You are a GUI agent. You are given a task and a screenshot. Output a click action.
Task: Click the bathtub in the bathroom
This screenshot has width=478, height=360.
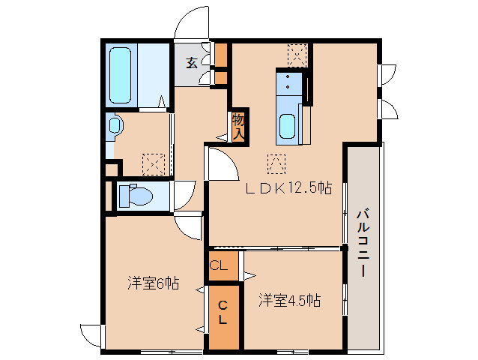click(x=121, y=75)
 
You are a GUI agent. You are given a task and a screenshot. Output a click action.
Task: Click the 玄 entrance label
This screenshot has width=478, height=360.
click(x=192, y=63)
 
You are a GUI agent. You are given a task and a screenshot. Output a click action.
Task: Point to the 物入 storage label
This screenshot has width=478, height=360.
click(x=238, y=125)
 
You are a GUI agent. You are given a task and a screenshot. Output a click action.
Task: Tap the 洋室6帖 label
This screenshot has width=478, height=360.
click(x=152, y=283)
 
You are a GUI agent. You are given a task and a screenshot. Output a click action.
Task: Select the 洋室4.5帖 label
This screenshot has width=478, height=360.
click(x=290, y=301)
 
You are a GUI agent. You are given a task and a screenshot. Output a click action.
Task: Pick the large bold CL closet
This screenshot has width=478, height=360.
click(x=223, y=313)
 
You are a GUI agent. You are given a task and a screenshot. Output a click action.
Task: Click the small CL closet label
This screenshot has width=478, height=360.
click(x=218, y=265)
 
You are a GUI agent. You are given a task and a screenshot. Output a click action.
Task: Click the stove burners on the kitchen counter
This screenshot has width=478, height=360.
click(x=288, y=83)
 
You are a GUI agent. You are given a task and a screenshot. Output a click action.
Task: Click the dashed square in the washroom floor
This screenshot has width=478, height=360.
click(x=154, y=163)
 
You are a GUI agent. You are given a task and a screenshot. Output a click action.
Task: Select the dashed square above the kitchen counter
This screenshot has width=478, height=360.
click(x=297, y=55)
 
